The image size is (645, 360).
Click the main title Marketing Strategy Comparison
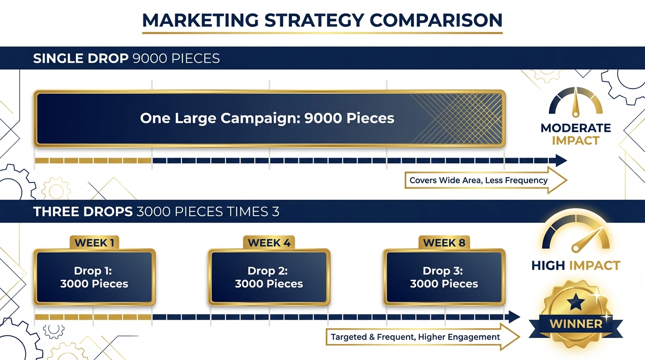(x=322, y=21)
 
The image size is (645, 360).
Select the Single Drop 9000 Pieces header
(x=127, y=59)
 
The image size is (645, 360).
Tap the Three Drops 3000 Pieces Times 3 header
(x=156, y=212)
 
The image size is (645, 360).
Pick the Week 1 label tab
(x=94, y=243)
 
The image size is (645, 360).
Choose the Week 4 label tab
(x=269, y=243)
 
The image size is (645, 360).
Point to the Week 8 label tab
(x=444, y=243)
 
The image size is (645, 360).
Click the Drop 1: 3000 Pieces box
(x=94, y=277)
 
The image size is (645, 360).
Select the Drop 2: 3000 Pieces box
(x=269, y=277)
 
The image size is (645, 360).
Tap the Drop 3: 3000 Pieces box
(x=444, y=277)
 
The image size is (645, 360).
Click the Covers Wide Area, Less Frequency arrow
(x=483, y=180)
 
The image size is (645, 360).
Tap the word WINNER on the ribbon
(x=576, y=324)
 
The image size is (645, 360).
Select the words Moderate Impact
(x=576, y=134)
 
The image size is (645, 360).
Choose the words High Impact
(x=576, y=266)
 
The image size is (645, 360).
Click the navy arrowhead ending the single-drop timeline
(x=561, y=161)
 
